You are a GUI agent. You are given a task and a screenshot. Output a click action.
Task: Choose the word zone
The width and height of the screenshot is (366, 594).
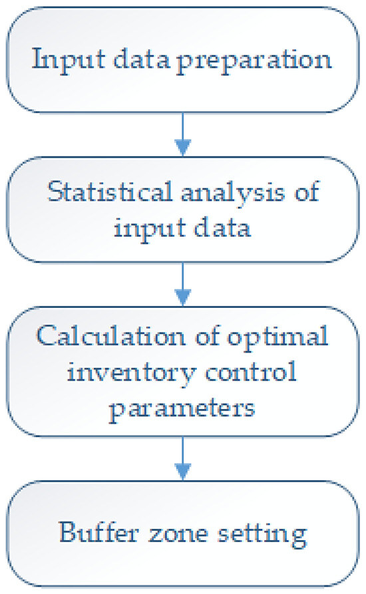[x=178, y=533]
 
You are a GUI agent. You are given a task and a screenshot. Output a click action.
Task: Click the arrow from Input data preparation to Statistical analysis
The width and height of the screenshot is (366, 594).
[x=181, y=133]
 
